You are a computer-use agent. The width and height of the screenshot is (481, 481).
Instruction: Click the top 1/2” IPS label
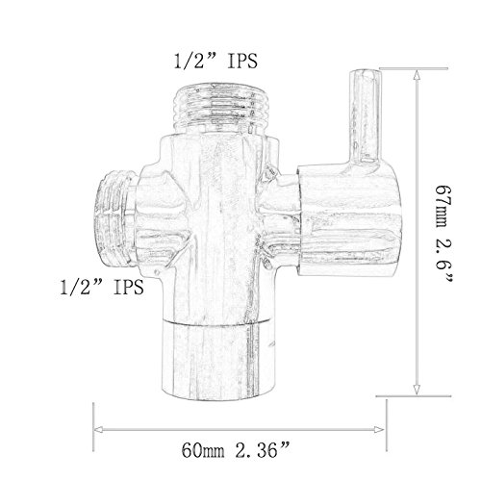(215, 62)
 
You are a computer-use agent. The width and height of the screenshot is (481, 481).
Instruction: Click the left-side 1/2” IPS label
(102, 287)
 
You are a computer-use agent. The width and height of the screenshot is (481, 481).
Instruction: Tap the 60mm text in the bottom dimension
(203, 450)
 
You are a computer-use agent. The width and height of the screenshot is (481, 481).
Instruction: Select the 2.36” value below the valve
(263, 449)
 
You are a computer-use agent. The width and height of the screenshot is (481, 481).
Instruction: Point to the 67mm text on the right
(443, 206)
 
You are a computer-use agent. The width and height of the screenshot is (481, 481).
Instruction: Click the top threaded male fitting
(215, 108)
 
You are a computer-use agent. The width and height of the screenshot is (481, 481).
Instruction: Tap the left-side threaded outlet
(115, 218)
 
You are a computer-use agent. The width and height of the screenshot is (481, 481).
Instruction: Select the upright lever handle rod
(365, 117)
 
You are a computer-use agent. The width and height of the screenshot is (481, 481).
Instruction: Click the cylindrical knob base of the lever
(349, 220)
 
